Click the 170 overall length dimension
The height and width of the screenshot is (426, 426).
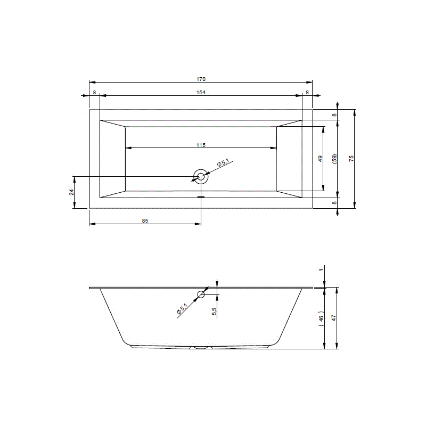[x=201, y=79]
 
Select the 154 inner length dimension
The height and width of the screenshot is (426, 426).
[x=201, y=92]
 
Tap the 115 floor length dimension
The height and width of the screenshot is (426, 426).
[x=201, y=145]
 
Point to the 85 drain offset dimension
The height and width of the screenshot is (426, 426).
[x=145, y=220]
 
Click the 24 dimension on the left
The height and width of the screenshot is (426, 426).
[x=71, y=192]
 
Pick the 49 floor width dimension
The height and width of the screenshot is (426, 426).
[x=321, y=159]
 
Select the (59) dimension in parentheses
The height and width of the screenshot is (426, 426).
[x=335, y=159]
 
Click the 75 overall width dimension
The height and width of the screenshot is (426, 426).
[x=351, y=159]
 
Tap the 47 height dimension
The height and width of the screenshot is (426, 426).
[x=334, y=318]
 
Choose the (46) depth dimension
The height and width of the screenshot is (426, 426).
[x=322, y=318]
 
